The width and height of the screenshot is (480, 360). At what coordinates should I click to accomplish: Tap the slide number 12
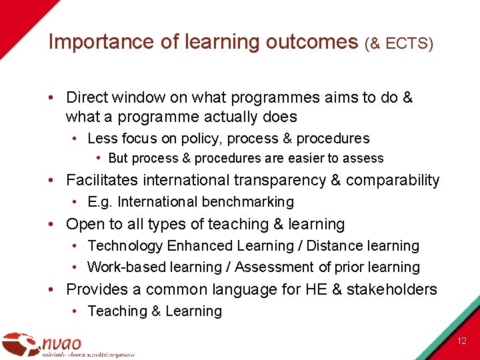tap(462, 341)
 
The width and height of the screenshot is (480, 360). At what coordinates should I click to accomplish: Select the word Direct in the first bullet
tap(87, 97)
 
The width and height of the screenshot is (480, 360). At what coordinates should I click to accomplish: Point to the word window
tap(139, 97)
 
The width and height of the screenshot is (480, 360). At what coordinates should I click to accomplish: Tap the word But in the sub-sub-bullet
tap(118, 159)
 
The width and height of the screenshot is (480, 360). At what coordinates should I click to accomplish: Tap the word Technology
tap(125, 246)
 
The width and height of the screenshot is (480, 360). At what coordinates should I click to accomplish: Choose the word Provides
tap(97, 289)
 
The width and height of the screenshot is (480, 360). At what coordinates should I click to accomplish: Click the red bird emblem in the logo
tap(20, 344)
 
